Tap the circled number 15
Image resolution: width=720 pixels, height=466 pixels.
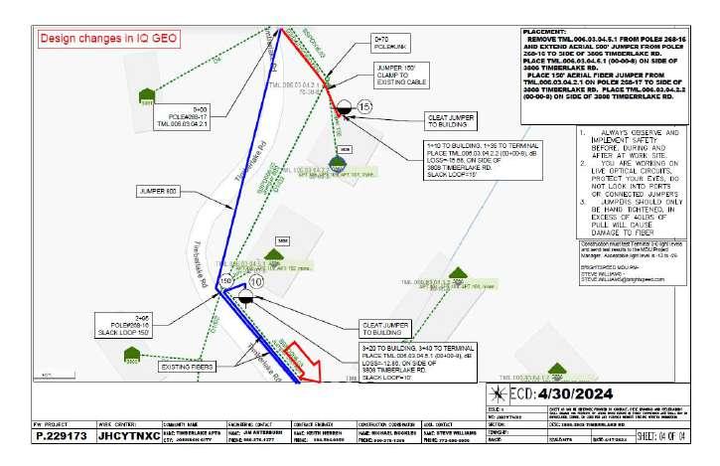click(364, 105)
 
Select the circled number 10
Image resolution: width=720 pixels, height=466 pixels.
click(256, 283)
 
